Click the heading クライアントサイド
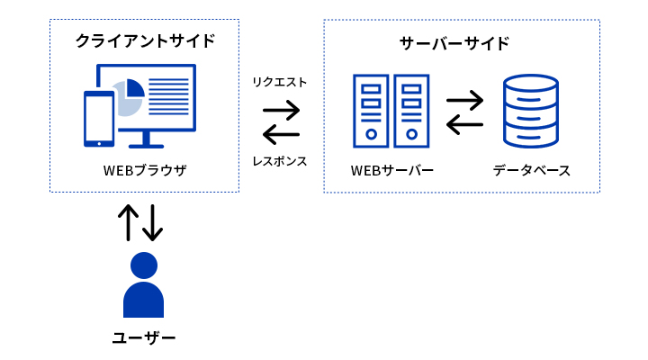pos(145,40)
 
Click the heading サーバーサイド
pos(454,42)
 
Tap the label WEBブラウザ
pos(144,170)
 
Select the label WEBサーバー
pos(392,170)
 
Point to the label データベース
pos(531,170)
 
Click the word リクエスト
pos(281,82)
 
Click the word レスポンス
pos(281,162)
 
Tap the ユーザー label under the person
pos(144,338)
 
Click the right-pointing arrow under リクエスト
pos(281,111)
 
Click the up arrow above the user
pos(130,222)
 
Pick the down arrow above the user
pos(153,222)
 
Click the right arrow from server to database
pos(465,97)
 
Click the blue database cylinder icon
pos(531,112)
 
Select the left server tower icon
pos(371,111)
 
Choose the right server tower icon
pos(411,111)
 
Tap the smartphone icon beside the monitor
pos(98,118)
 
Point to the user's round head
pos(144,265)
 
